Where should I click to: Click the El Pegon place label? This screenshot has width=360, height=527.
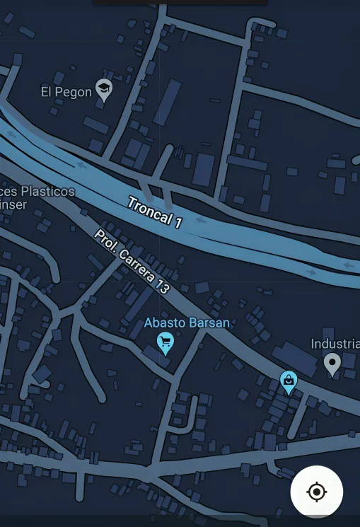[x=66, y=91]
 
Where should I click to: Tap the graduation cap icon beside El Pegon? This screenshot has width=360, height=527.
[x=104, y=89]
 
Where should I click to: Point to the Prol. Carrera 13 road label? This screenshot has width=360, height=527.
[x=132, y=262]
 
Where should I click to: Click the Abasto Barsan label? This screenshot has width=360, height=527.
[x=187, y=323]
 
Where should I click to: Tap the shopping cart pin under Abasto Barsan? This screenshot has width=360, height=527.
[x=166, y=344]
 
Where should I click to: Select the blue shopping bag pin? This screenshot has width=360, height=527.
[x=288, y=381]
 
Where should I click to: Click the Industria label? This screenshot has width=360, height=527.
[x=335, y=344]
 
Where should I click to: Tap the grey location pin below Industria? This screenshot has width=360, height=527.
[x=332, y=364]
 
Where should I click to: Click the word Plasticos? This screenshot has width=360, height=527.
[x=47, y=191]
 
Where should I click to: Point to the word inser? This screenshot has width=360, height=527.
[x=13, y=204]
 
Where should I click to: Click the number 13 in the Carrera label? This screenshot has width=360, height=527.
[x=162, y=286]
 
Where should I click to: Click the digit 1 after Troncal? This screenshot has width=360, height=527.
[x=178, y=223]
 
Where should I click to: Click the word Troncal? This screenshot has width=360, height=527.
[x=149, y=210]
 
